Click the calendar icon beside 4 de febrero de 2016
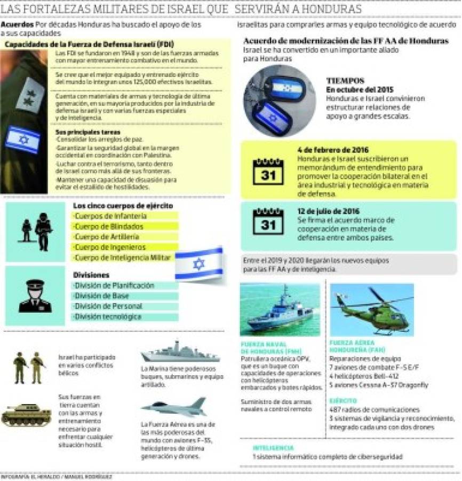[268, 170]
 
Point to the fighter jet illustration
[174, 407]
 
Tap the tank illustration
[26, 414]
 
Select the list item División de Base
[101, 296]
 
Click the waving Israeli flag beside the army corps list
[198, 263]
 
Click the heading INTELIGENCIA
[273, 448]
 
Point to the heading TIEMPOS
[345, 80]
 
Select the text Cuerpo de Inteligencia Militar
[122, 258]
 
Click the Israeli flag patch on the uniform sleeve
[22, 139]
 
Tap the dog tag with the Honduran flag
[289, 88]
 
